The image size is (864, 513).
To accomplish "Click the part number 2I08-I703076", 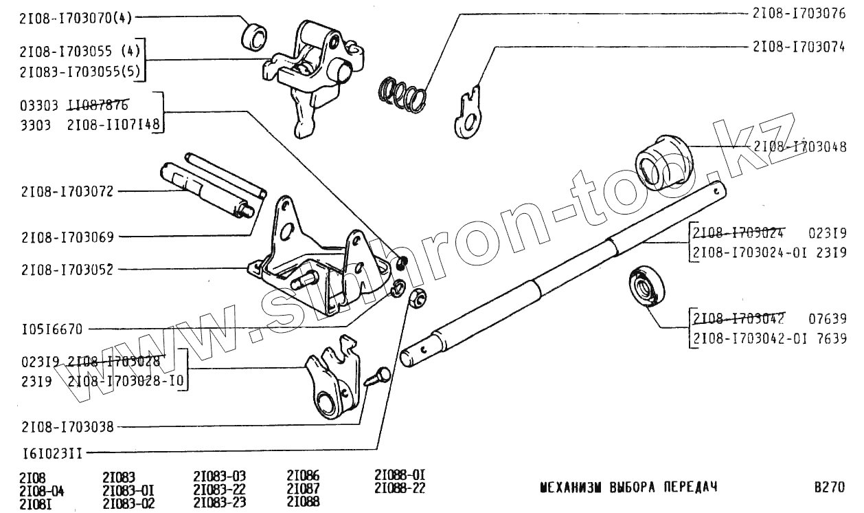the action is (x=799, y=12).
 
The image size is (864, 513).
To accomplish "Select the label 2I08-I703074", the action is (x=799, y=46).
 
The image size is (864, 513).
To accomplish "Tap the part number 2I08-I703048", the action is (x=800, y=146).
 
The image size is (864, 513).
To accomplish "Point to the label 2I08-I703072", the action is (x=67, y=190).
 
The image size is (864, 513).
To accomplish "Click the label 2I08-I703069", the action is (x=67, y=237).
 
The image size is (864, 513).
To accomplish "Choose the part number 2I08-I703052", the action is (x=67, y=270).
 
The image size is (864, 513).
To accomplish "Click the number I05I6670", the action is (x=52, y=329).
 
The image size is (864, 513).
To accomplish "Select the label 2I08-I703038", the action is (x=67, y=426).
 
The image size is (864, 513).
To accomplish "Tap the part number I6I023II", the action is (x=52, y=453).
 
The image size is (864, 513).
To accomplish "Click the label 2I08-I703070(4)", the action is (x=76, y=19).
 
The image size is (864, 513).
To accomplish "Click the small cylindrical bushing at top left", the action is (x=255, y=36).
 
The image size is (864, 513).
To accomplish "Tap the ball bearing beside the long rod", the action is (x=647, y=285).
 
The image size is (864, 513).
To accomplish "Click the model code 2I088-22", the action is (x=400, y=488).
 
